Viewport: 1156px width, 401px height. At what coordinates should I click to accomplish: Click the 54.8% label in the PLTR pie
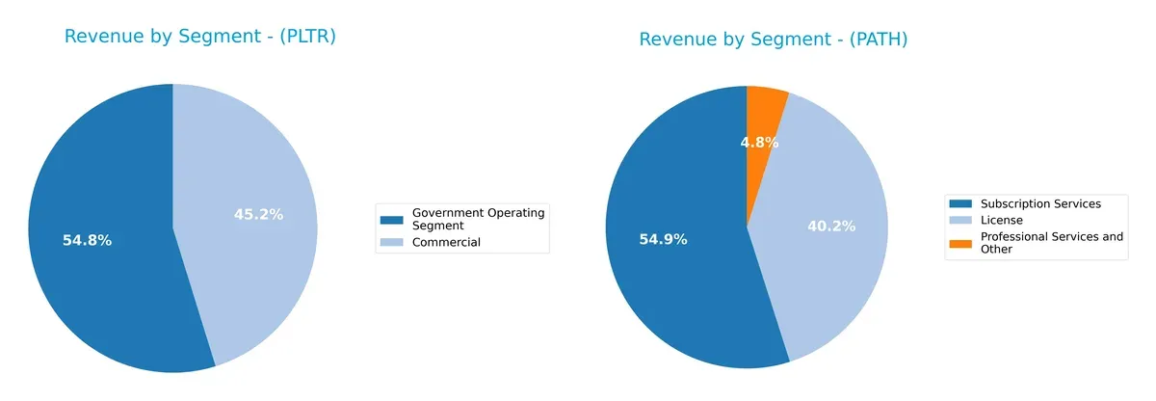click(x=87, y=240)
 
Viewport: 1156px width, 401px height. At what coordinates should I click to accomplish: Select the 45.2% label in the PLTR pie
click(x=258, y=214)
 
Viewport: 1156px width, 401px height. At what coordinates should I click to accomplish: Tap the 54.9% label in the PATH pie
click(x=663, y=239)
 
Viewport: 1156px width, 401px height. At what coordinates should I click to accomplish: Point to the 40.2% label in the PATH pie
click(x=831, y=226)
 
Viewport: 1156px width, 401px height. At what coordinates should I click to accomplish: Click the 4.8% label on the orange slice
click(x=759, y=143)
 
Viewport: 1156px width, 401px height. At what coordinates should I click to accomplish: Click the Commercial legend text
click(x=446, y=242)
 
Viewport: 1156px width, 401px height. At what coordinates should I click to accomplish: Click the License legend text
click(x=1002, y=220)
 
